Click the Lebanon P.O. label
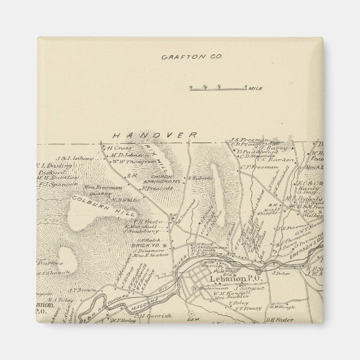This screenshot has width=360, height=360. [x=230, y=279]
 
